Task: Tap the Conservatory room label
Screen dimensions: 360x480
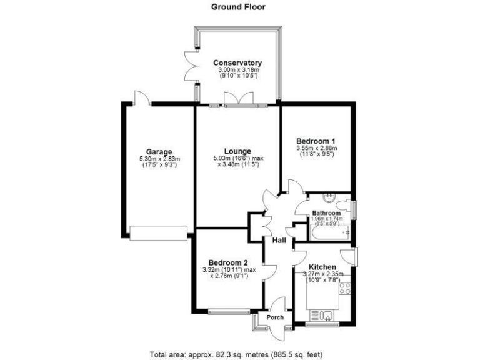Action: pos(237,63)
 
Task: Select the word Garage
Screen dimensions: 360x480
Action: pos(160,152)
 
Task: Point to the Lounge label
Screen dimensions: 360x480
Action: pos(237,151)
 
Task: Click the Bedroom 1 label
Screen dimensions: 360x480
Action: pos(316,141)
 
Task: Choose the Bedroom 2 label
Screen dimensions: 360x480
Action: pos(229,262)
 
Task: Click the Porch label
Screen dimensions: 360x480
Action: pos(275,317)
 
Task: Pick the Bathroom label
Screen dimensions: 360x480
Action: pos(326,212)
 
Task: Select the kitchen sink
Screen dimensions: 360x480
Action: pos(326,316)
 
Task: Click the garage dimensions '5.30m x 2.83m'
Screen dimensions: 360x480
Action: pos(160,159)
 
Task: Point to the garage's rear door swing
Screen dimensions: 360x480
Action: pos(141,96)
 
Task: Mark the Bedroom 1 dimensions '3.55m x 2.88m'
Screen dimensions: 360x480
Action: pos(316,148)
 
